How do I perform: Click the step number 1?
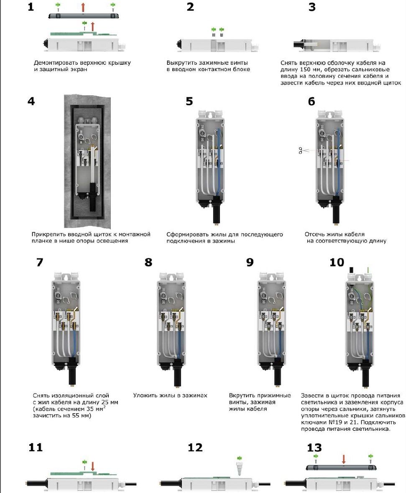pyautogui.click(x=31, y=7)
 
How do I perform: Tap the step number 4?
pyautogui.click(x=31, y=102)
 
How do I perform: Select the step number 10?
pyautogui.click(x=337, y=262)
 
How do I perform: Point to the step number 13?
pyautogui.click(x=314, y=447)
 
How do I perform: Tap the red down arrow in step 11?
pyautogui.click(x=93, y=465)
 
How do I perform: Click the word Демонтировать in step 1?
pyautogui.click(x=54, y=63)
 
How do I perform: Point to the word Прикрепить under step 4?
pyautogui.click(x=50, y=234)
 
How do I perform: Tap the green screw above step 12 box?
pyautogui.click(x=240, y=460)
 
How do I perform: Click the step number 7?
pyautogui.click(x=40, y=262)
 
